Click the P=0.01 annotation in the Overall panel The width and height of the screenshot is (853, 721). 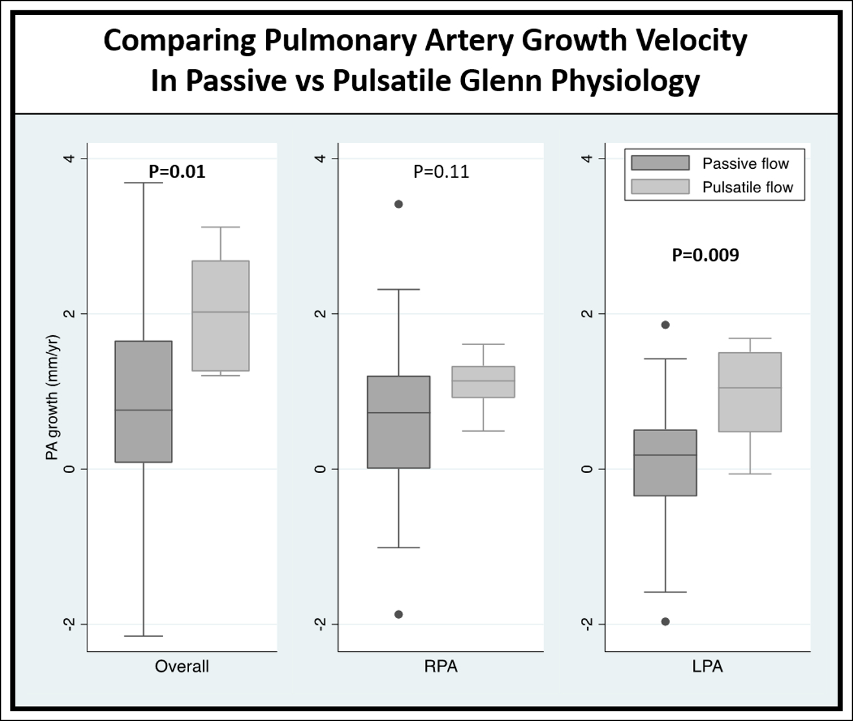pos(177,172)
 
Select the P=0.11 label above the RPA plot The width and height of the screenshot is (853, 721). pos(441,172)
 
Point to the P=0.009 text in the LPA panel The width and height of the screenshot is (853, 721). pos(705,255)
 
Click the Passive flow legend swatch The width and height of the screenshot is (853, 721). pos(660,163)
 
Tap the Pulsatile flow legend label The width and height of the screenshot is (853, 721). pos(747,188)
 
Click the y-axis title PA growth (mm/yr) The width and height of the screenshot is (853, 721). pos(52,397)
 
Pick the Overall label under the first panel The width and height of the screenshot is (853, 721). pos(181,667)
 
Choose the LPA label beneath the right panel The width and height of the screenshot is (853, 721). pos(707,667)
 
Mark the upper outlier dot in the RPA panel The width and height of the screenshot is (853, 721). pos(399,204)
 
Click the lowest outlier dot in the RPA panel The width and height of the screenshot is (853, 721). pos(399,614)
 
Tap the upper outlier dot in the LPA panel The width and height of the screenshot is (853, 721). pos(665,325)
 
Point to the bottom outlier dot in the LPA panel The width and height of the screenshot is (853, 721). pos(665,621)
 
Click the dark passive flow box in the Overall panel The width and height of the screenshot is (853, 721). pos(143,401)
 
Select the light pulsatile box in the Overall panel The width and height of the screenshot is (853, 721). pos(221,316)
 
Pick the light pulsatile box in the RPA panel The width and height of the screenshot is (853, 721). pos(483,382)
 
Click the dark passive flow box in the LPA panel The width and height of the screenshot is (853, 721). pos(665,463)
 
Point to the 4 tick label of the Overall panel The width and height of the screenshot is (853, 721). pos(68,159)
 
